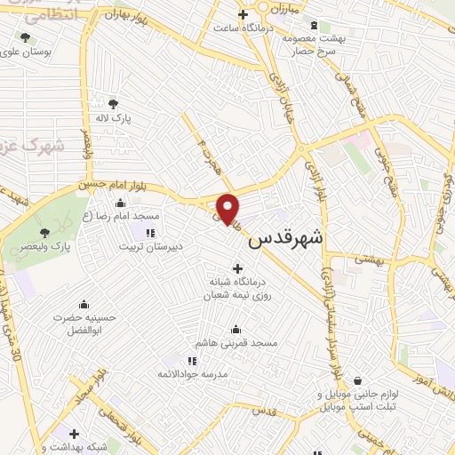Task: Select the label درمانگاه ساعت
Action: point(243,27)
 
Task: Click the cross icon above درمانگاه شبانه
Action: point(236,268)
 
